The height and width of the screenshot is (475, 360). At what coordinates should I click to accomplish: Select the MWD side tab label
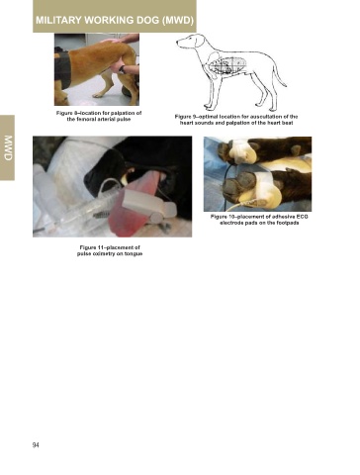coord(8,148)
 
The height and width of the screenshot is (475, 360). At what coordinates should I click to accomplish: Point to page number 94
coord(36,445)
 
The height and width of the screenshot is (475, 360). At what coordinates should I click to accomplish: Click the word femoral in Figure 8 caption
coord(85,119)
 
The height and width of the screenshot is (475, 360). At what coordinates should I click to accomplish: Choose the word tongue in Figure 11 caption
coord(135,254)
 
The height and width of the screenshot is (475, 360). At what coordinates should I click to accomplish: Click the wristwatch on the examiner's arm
coord(122,69)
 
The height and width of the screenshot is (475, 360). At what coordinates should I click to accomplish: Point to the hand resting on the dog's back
coord(112,41)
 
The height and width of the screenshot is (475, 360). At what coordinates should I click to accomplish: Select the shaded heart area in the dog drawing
coord(228,65)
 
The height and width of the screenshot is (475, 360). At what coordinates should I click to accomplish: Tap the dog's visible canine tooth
coord(125,179)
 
